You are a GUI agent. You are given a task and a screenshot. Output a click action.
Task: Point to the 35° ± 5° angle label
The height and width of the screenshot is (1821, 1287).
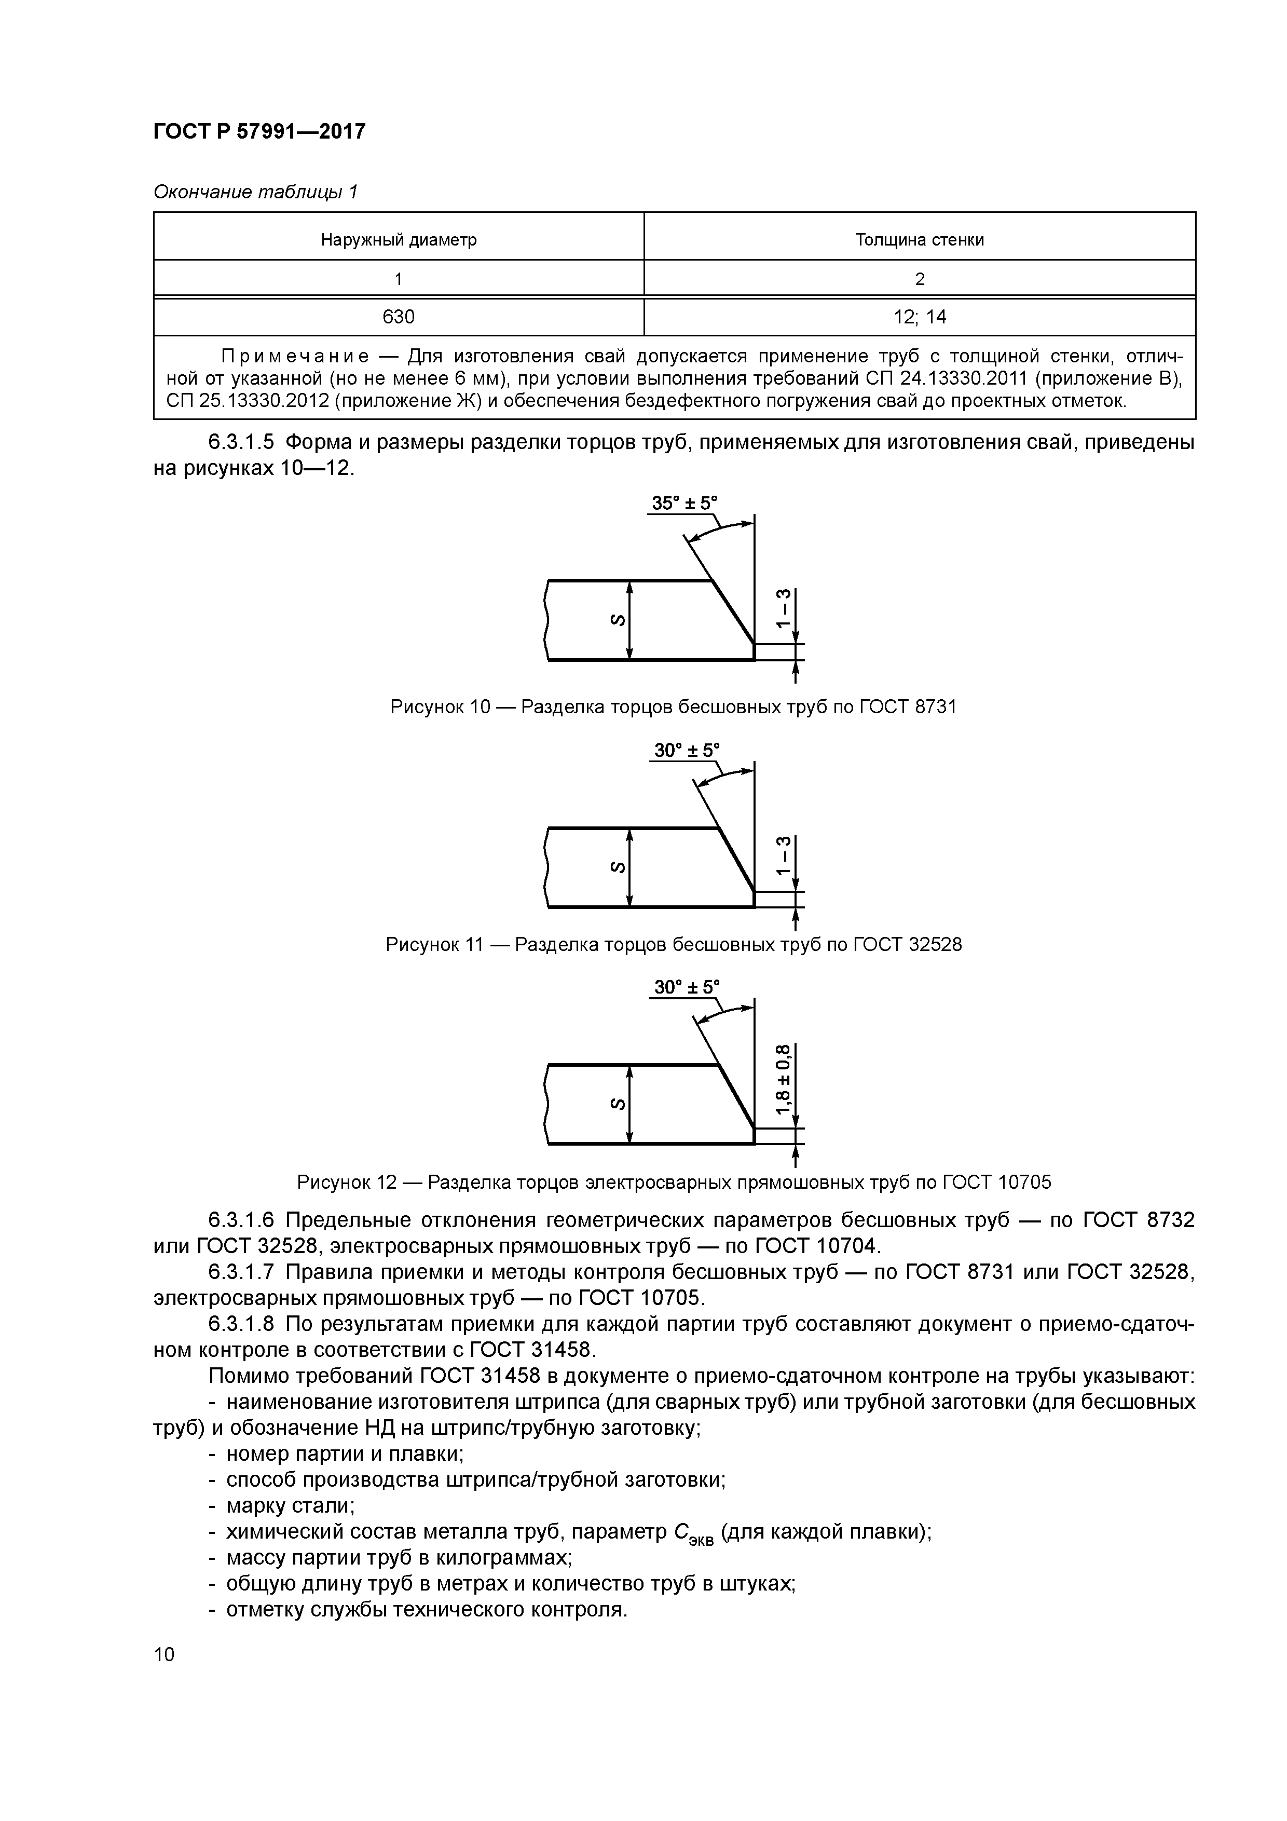(x=683, y=504)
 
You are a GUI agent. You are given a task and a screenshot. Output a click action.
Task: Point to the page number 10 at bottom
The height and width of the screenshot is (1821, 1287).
(x=164, y=1654)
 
